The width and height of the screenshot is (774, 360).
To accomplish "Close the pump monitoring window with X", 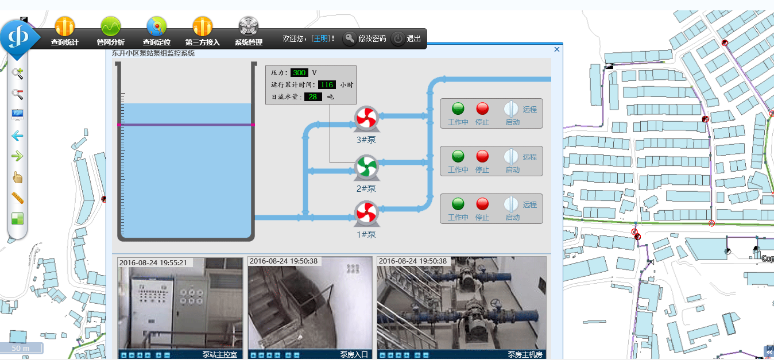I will click(556, 49).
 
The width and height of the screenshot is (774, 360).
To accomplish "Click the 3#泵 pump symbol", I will click(366, 118).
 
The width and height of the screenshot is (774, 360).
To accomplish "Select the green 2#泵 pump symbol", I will click(366, 167).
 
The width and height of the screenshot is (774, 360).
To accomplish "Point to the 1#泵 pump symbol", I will click(366, 213).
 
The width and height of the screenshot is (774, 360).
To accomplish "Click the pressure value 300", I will click(299, 73).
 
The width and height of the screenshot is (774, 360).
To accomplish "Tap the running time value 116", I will click(327, 85).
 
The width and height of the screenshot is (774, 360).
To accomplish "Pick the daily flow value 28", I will click(313, 97).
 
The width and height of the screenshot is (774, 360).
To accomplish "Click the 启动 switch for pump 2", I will click(511, 156).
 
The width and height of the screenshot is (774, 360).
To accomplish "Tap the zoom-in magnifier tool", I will click(18, 73).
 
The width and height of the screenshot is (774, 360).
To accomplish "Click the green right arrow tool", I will click(17, 156).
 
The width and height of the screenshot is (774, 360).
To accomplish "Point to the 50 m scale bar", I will click(21, 348).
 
